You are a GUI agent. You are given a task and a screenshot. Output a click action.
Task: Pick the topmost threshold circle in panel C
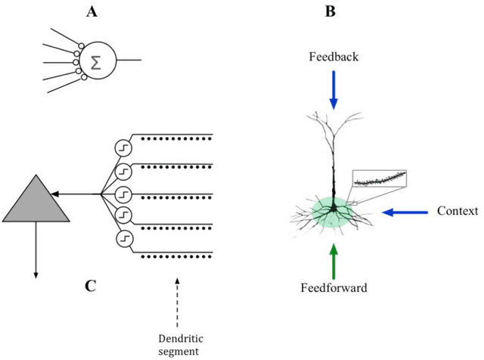click(123, 146)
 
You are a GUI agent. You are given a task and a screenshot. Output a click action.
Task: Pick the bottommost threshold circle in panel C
click(123, 240)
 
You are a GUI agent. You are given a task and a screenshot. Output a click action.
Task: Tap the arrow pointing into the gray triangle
click(83, 194)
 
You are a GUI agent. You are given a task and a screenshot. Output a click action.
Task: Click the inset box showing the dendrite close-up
click(380, 179)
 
